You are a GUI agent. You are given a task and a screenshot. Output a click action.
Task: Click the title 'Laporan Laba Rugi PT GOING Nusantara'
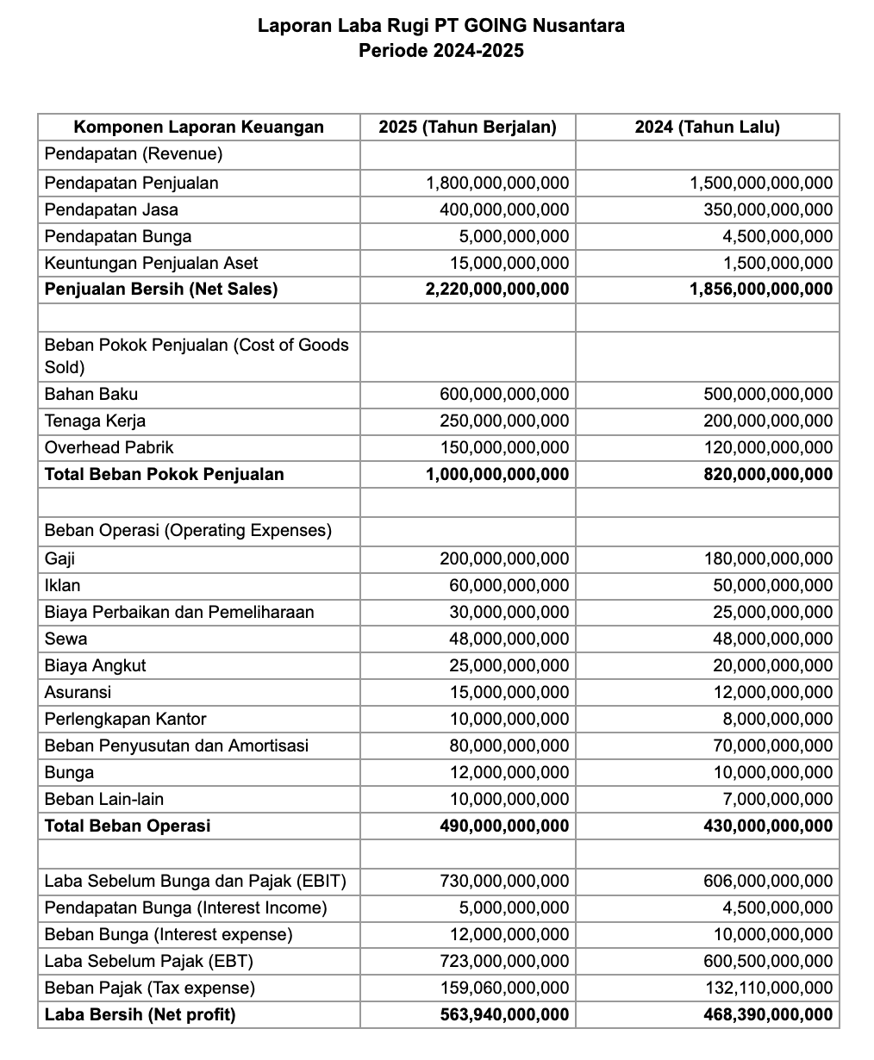441,26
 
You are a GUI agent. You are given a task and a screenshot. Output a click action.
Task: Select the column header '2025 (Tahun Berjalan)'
467,128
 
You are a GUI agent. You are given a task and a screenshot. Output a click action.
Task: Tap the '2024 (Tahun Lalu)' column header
707,128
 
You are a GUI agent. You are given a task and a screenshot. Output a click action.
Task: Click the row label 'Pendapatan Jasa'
111,209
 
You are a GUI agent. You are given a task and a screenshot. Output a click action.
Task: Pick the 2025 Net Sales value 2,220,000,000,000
497,290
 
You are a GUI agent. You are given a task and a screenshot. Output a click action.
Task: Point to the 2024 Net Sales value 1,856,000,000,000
761,290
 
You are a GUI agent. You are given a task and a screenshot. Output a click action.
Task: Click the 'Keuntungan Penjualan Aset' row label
151,263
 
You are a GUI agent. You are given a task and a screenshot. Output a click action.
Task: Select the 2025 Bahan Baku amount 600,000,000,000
504,395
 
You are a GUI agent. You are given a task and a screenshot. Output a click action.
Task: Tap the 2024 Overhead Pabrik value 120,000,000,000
768,448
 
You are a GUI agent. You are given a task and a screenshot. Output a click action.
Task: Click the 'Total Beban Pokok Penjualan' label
164,474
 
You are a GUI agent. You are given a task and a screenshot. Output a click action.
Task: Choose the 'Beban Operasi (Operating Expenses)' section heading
188,530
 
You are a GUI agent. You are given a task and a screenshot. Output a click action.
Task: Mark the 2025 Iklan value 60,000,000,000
509,586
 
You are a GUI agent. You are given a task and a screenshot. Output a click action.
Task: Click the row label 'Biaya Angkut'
95,666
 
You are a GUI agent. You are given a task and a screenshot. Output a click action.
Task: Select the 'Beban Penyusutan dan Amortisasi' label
176,746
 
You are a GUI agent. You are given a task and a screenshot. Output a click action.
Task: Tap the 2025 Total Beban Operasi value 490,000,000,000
504,826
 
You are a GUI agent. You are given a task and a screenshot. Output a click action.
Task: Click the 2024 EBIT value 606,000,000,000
768,882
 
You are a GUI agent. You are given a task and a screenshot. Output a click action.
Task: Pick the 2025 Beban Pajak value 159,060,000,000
504,988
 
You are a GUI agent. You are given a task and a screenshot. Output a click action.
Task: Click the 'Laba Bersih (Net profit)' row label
140,1015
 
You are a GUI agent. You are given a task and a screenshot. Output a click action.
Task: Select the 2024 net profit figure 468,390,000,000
768,1015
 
